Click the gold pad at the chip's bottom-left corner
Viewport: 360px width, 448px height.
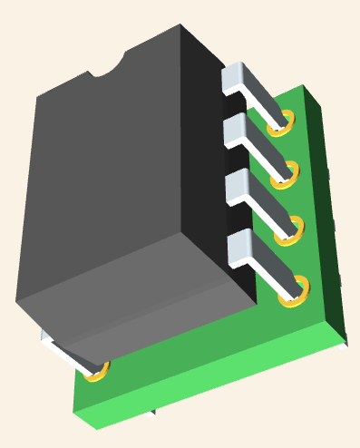[98, 371]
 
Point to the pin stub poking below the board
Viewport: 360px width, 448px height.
[150, 418]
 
